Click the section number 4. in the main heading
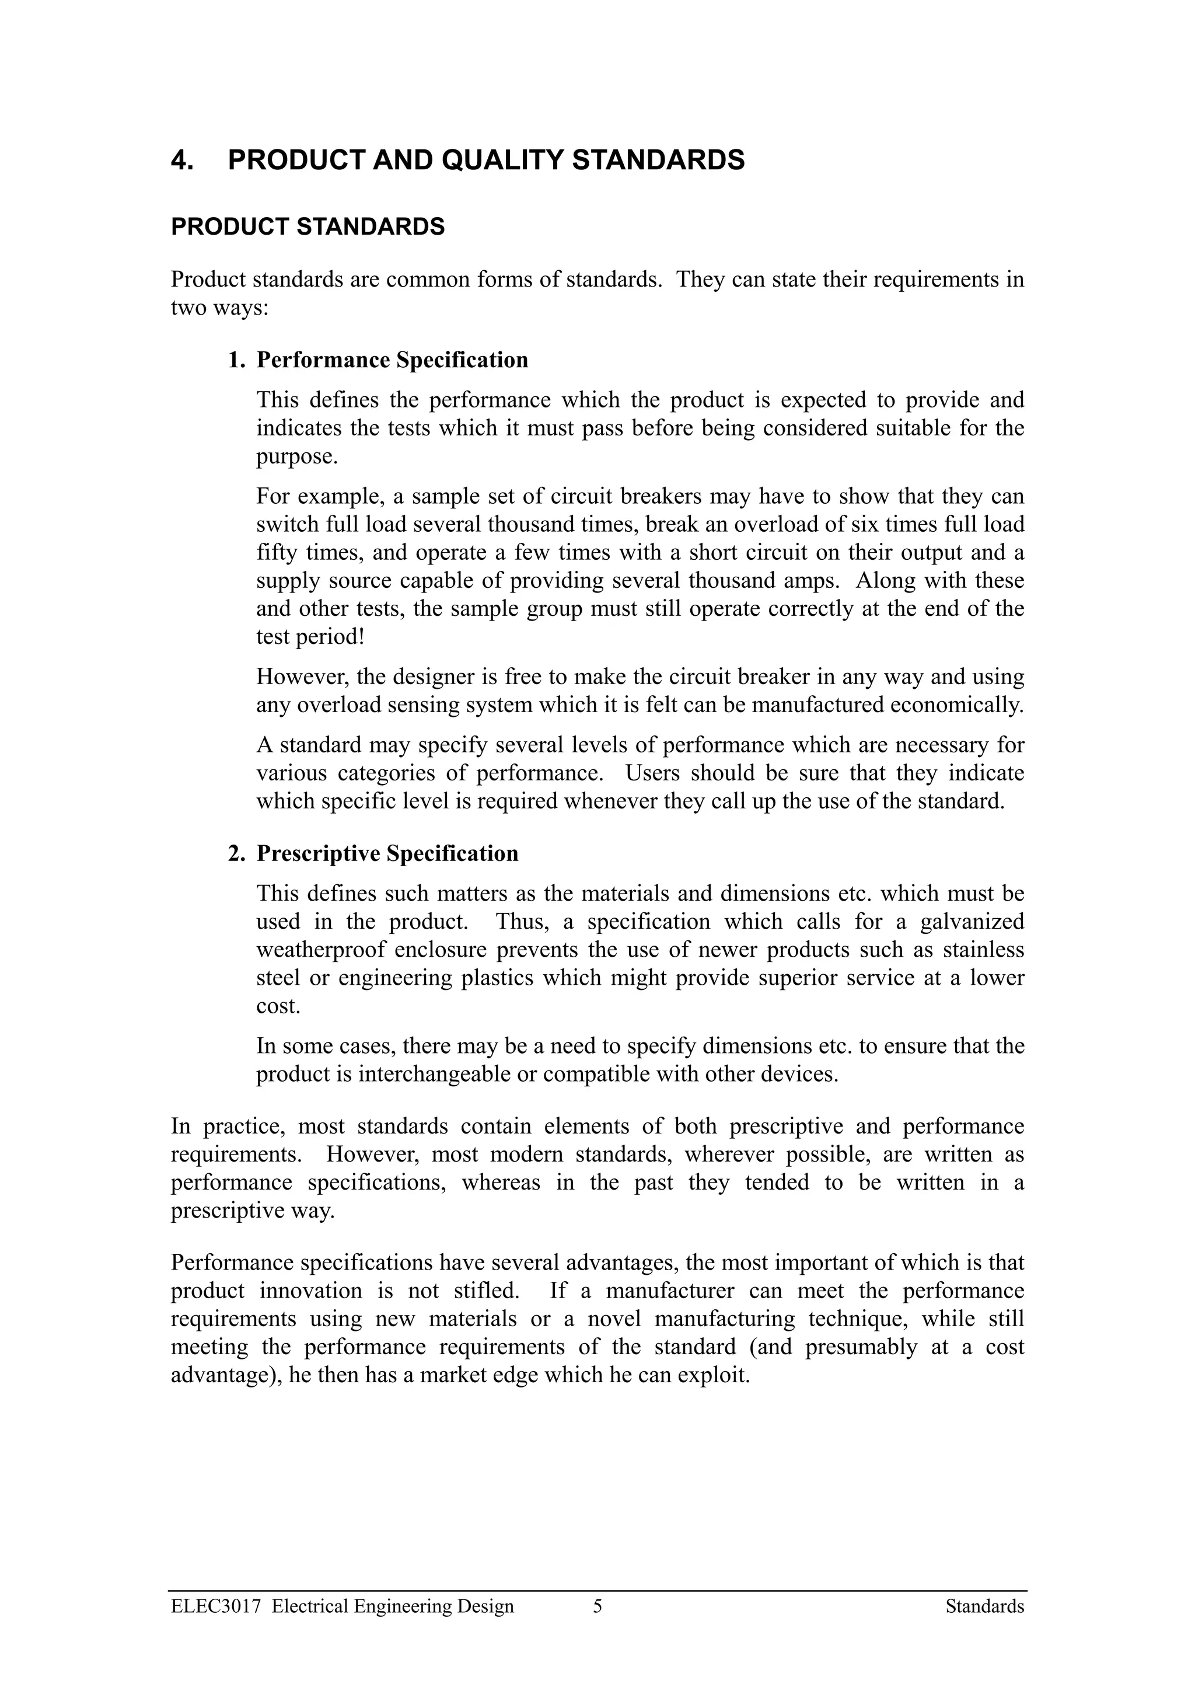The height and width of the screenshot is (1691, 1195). coord(182,160)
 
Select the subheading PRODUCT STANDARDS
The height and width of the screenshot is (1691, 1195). coord(308,227)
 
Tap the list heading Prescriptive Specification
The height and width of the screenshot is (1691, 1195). coord(387,853)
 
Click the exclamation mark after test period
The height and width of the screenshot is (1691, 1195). coord(361,637)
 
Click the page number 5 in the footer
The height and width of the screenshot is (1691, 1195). coord(597,1609)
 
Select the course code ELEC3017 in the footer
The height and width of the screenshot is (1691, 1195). coord(216,1609)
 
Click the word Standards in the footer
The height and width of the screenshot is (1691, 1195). coord(984,1609)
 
